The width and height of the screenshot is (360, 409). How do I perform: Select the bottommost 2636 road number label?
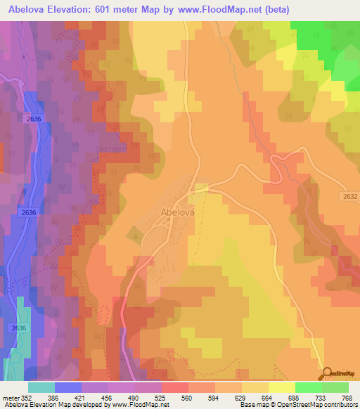[x=18, y=328]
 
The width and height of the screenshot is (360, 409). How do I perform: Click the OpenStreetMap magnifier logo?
[x=328, y=373]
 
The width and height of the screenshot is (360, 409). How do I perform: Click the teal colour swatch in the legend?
[x=41, y=388]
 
